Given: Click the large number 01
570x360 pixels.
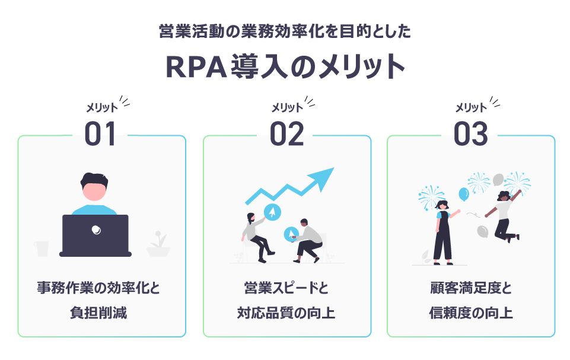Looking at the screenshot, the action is pyautogui.click(x=100, y=134).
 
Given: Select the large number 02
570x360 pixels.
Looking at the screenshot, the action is pyautogui.click(x=286, y=134).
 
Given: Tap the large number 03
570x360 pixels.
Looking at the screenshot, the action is pyautogui.click(x=470, y=134).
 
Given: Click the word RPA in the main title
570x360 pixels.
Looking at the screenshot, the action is pyautogui.click(x=196, y=67).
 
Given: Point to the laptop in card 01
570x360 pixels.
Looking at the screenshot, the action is pyautogui.click(x=95, y=235).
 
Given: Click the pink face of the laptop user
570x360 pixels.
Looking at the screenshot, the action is pyautogui.click(x=94, y=192).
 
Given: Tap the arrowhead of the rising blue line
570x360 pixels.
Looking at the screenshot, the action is pyautogui.click(x=323, y=178).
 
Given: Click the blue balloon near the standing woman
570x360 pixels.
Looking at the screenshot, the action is pyautogui.click(x=463, y=194).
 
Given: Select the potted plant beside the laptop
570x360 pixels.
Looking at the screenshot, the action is pyautogui.click(x=158, y=244).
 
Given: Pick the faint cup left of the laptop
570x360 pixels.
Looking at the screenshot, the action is pyautogui.click(x=42, y=249).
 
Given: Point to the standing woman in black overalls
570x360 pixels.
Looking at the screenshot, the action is pyautogui.click(x=444, y=232).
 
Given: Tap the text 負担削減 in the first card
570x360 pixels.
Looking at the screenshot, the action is pyautogui.click(x=98, y=313).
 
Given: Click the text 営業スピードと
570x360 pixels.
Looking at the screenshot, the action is pyautogui.click(x=286, y=288).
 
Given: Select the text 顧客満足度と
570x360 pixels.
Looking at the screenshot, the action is pyautogui.click(x=471, y=288).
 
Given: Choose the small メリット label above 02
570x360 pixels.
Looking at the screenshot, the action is pyautogui.click(x=287, y=107).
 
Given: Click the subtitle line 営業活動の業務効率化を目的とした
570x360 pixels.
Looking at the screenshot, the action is pyautogui.click(x=285, y=31).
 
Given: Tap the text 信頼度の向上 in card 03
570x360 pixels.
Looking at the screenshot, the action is pyautogui.click(x=471, y=313).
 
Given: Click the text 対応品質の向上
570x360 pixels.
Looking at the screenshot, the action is pyautogui.click(x=286, y=313).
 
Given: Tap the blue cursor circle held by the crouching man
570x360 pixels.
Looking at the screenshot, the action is pyautogui.click(x=291, y=234).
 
